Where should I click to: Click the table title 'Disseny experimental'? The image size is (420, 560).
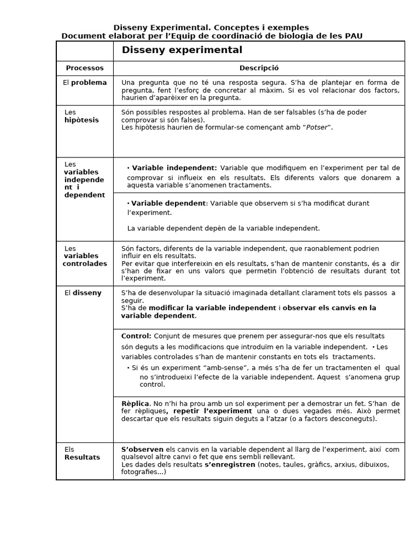tap(182, 50)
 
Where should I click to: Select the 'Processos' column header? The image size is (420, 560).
tap(84, 68)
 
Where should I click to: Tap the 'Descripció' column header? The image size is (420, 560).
tap(259, 68)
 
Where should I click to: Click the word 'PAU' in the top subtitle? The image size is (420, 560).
tap(353, 36)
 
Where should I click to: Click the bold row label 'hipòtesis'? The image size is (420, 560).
tap(81, 120)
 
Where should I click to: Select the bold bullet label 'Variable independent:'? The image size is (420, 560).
tap(174, 168)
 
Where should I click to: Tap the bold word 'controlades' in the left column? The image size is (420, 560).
tap(85, 264)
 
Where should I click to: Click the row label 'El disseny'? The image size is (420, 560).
tap(83, 293)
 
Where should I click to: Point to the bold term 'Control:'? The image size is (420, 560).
tap(136, 336)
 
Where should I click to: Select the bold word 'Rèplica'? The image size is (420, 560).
tap(135, 404)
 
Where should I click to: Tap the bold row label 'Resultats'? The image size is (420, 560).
tap(82, 457)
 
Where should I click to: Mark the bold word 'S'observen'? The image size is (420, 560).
tap(142, 450)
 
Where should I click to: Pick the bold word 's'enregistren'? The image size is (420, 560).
tap(230, 465)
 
